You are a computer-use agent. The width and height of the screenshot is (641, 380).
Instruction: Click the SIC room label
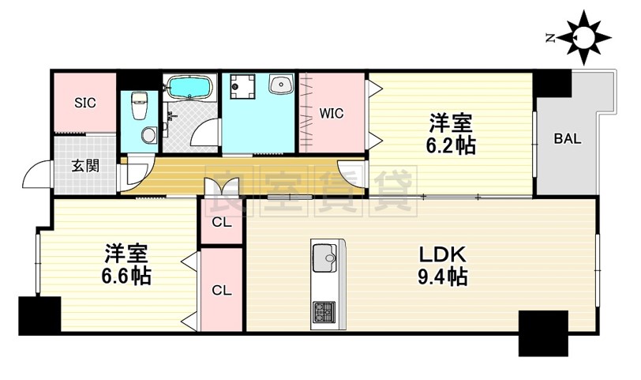coord(85,103)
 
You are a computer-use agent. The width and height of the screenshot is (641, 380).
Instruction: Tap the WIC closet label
coord(332,113)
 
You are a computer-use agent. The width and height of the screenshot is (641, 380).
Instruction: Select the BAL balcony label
coord(567,139)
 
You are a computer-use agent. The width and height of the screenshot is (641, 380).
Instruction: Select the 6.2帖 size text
coord(451,145)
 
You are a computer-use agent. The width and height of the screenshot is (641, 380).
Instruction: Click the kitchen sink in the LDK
coord(324,257)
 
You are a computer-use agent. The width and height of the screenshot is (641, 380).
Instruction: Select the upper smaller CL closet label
coord(222,223)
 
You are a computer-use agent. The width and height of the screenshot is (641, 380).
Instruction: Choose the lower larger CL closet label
coord(222,290)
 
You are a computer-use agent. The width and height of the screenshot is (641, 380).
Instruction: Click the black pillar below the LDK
coord(543,332)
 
